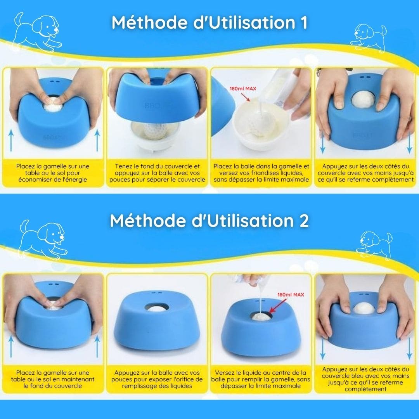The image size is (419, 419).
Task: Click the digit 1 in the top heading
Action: point(304,23)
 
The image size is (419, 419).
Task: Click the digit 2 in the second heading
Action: point(303,221)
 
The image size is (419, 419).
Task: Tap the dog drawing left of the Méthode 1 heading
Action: point(37,32)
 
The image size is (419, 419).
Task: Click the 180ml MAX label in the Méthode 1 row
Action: point(242,88)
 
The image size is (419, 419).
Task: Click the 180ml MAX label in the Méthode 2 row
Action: point(291,294)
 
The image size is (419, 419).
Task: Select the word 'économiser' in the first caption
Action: point(34,180)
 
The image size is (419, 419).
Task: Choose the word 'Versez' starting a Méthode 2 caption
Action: point(225,373)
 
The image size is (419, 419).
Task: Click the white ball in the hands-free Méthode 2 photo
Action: point(158,309)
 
